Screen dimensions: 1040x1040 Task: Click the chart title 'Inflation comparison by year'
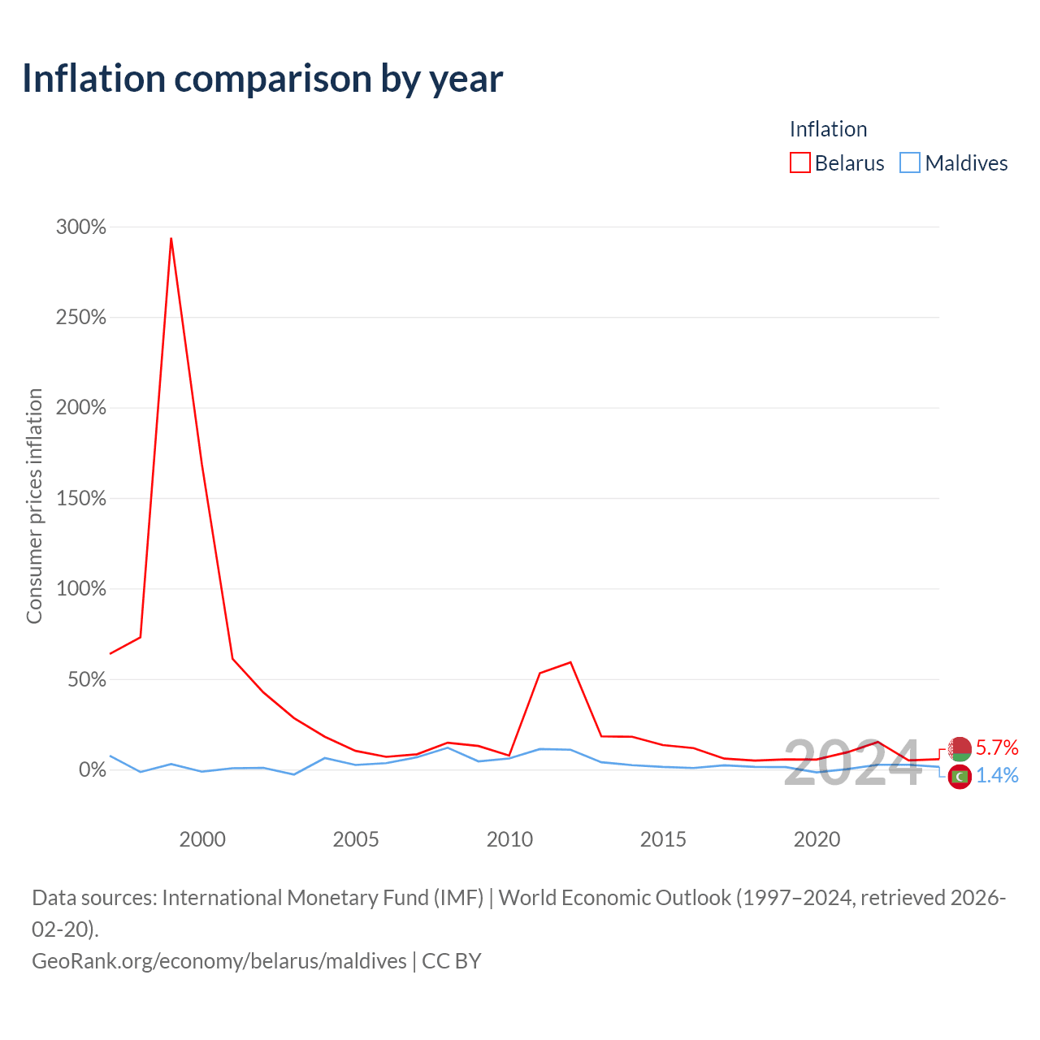click(x=262, y=79)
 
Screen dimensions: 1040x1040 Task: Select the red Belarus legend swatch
click(x=799, y=162)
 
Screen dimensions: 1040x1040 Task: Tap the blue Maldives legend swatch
click(x=910, y=162)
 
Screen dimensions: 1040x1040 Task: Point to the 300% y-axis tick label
click(x=81, y=227)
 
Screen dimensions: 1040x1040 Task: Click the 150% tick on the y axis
click(x=81, y=498)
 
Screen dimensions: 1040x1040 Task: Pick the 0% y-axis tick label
click(x=93, y=769)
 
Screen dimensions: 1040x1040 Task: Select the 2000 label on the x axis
click(x=202, y=839)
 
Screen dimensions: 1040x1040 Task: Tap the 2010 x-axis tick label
click(x=509, y=839)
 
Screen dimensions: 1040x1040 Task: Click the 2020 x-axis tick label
click(x=817, y=839)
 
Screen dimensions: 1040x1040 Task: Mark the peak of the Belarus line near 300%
click(x=171, y=238)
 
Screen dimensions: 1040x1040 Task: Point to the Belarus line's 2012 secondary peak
click(x=570, y=662)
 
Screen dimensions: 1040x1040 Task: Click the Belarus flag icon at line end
click(x=960, y=749)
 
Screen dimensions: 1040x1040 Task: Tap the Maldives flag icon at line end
click(x=960, y=777)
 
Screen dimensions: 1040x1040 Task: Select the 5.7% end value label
click(x=997, y=747)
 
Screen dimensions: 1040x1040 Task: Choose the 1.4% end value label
click(x=997, y=776)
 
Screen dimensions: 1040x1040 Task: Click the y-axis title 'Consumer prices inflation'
click(x=34, y=506)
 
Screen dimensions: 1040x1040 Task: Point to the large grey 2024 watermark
click(x=853, y=763)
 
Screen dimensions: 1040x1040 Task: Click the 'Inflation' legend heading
click(x=829, y=129)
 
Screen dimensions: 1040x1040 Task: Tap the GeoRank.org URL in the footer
click(x=219, y=961)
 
